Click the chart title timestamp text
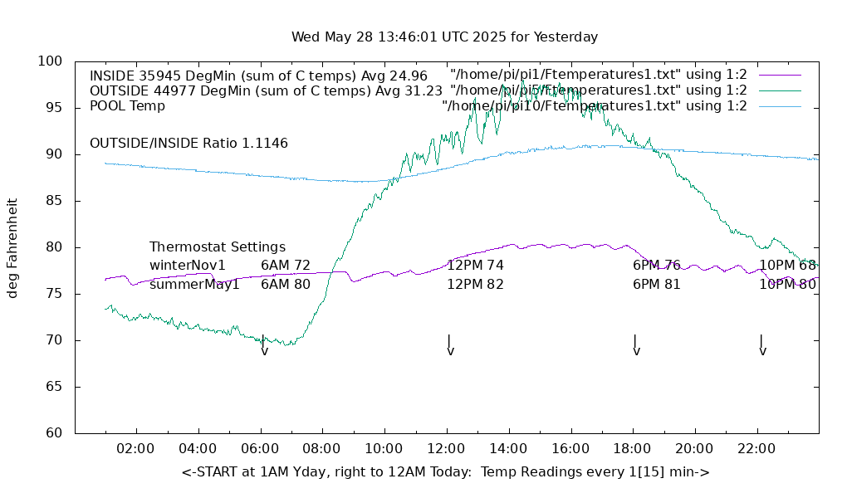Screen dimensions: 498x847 [x=444, y=37]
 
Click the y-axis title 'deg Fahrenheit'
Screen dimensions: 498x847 [x=12, y=247]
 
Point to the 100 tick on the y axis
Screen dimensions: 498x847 [x=50, y=61]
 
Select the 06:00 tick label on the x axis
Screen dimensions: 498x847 [x=260, y=449]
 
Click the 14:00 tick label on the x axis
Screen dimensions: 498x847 [x=508, y=449]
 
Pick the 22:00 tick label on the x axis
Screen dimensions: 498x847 [x=756, y=449]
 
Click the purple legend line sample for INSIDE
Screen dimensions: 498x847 [x=779, y=76]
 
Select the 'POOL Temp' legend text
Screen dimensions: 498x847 [x=127, y=106]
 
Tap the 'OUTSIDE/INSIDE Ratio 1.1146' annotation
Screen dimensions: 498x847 [x=188, y=144]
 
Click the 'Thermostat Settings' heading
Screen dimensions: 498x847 [x=218, y=247]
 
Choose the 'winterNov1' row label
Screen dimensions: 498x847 [x=188, y=266]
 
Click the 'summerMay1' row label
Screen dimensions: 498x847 [x=194, y=285]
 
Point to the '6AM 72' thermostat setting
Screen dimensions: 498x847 [x=286, y=266]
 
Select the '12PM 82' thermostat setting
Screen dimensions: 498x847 [x=475, y=285]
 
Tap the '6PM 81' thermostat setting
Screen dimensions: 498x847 [x=656, y=285]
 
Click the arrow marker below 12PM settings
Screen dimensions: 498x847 [x=449, y=345]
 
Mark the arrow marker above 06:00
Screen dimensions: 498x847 [x=263, y=345]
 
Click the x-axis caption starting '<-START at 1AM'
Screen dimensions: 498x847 [x=445, y=472]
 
